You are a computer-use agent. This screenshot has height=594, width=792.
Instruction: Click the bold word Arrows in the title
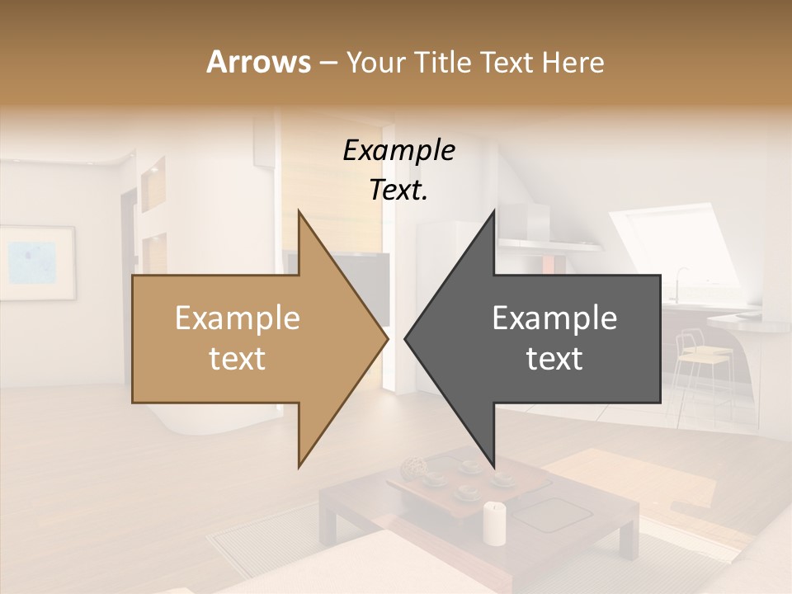coord(258,62)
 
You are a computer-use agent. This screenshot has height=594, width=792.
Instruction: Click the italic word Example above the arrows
coord(398,151)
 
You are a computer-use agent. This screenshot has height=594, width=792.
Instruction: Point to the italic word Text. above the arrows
coord(398,191)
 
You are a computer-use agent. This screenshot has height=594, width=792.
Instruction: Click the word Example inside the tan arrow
coord(238,318)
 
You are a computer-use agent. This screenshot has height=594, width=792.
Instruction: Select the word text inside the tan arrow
coord(238,359)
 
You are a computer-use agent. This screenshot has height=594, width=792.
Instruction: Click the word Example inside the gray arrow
coord(554,318)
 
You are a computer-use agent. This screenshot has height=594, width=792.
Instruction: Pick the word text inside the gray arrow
coord(554,359)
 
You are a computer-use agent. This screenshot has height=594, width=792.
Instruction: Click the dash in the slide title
coord(328,62)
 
